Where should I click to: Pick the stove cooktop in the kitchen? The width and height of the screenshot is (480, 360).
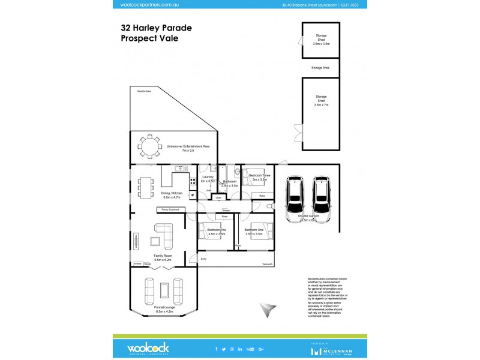193,181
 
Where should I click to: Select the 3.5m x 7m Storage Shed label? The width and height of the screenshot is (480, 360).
321,100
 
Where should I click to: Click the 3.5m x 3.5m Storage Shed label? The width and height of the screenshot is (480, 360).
321,41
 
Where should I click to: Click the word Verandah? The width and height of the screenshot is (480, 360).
267,265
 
